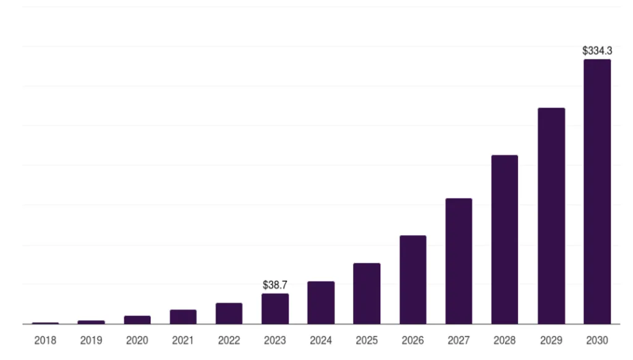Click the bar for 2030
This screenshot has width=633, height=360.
(x=597, y=191)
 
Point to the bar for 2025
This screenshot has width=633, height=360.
(x=367, y=293)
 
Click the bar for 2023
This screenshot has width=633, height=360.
(x=275, y=308)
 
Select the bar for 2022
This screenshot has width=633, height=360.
(x=229, y=313)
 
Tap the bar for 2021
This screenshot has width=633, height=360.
(x=183, y=316)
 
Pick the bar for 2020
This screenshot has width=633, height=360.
(x=137, y=319)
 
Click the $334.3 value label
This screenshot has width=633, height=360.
(x=597, y=51)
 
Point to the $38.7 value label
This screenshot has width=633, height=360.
(x=275, y=285)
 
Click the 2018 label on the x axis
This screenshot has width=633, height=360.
(x=45, y=340)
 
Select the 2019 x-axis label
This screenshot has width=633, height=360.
(x=91, y=340)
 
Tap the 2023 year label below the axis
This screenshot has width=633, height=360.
(x=275, y=340)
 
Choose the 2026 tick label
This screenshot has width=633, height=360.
(x=413, y=340)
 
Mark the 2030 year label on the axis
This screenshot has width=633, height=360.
(x=597, y=340)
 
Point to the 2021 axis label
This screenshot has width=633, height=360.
(x=183, y=340)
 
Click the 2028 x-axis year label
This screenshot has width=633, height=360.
(x=504, y=340)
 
